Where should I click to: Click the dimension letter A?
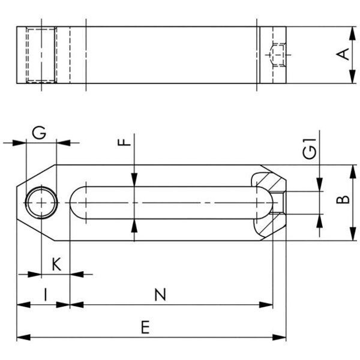(343, 55)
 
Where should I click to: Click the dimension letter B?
(343, 199)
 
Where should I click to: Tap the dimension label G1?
(309, 149)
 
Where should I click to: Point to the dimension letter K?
(56, 264)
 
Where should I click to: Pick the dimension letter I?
(46, 294)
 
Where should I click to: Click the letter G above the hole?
(39, 133)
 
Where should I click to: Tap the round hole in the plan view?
(41, 203)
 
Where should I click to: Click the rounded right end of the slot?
(265, 203)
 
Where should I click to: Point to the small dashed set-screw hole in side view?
(276, 55)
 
